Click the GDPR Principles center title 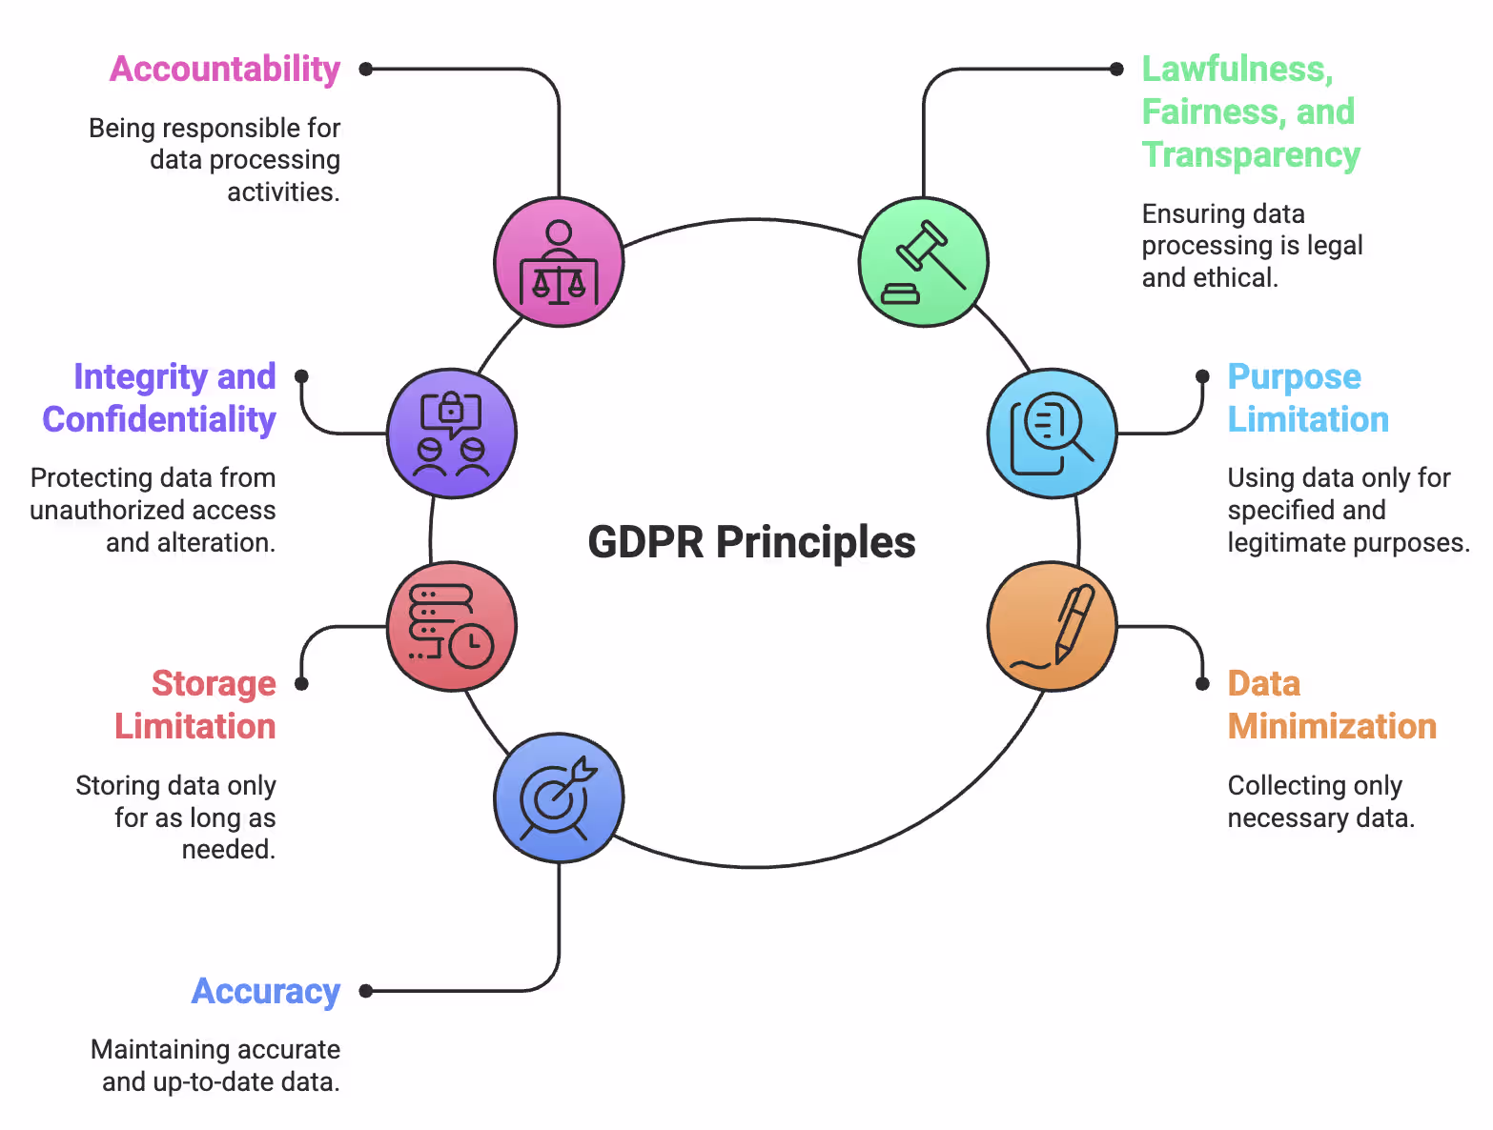751,542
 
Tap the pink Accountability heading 225,70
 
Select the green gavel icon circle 923,262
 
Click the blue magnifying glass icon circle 1052,434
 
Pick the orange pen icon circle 1052,626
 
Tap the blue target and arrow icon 559,798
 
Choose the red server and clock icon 452,626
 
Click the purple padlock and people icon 452,434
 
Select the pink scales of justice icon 559,262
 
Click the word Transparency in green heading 1251,154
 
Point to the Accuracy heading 266,991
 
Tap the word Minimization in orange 1332,726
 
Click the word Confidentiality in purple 159,419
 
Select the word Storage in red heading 214,683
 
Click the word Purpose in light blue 1294,376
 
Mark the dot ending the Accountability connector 365,69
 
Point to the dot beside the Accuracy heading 365,991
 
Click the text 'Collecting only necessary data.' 1320,801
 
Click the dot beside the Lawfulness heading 1116,69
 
